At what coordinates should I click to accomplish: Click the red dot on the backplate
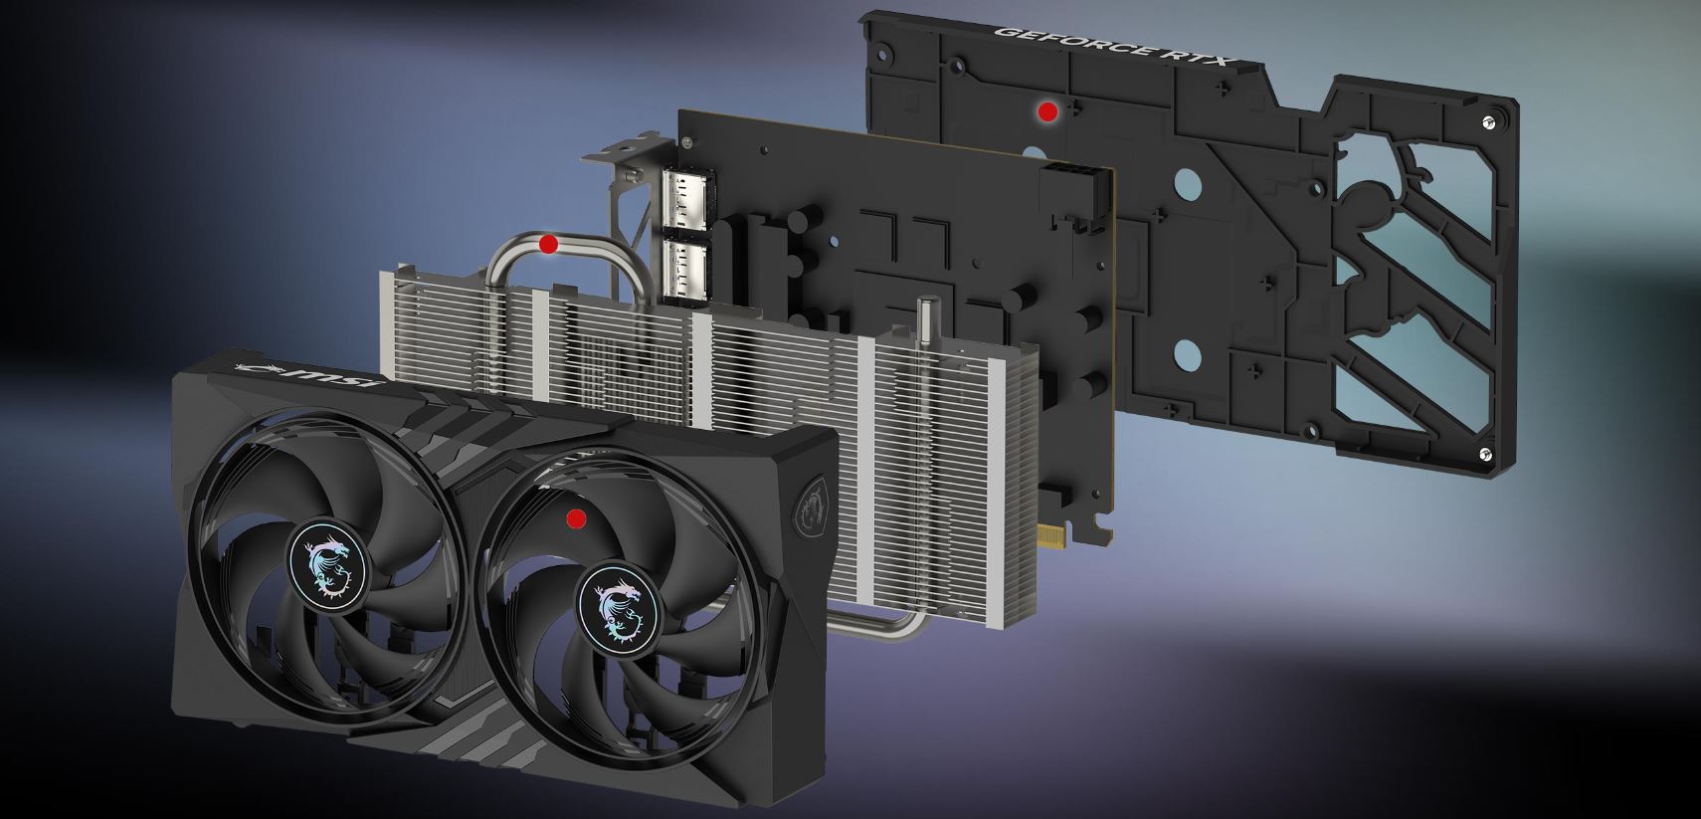click(x=1047, y=111)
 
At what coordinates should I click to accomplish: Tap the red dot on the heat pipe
click(x=547, y=245)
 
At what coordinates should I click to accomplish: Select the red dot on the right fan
click(x=576, y=518)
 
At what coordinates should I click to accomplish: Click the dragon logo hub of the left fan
click(x=327, y=566)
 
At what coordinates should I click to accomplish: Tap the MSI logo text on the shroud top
click(x=306, y=374)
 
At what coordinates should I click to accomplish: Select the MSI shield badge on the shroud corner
click(x=810, y=503)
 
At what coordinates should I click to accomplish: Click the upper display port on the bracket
click(x=684, y=198)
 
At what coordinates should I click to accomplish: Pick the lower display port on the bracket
click(x=685, y=271)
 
